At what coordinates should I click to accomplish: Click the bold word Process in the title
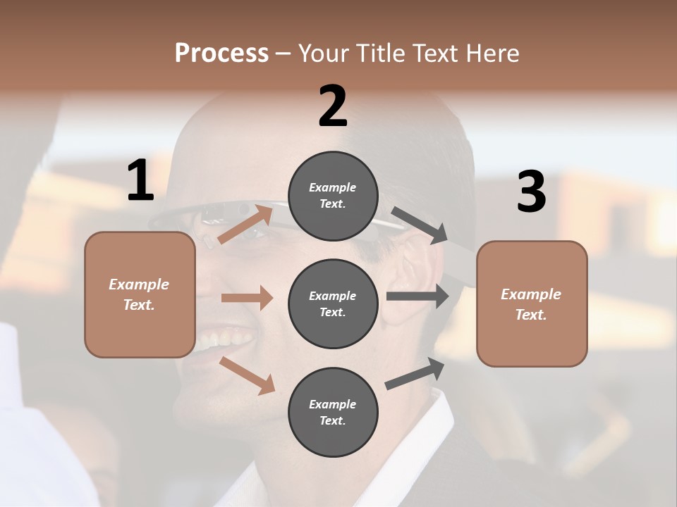tap(221, 53)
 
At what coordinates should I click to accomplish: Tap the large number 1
tap(140, 180)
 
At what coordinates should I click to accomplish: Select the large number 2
tap(333, 106)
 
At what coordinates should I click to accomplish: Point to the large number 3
tap(532, 192)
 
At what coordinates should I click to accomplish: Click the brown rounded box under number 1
tap(140, 294)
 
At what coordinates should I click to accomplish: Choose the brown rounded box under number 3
tap(532, 303)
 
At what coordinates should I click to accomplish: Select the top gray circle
tap(333, 196)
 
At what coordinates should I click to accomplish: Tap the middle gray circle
tap(333, 303)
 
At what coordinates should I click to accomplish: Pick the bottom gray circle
tap(333, 412)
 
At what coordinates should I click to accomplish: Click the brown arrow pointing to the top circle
tap(245, 223)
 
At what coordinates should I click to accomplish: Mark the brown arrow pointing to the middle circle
tap(247, 298)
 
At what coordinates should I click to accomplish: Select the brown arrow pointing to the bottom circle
tap(247, 375)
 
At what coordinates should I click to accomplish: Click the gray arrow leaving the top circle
tap(420, 225)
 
